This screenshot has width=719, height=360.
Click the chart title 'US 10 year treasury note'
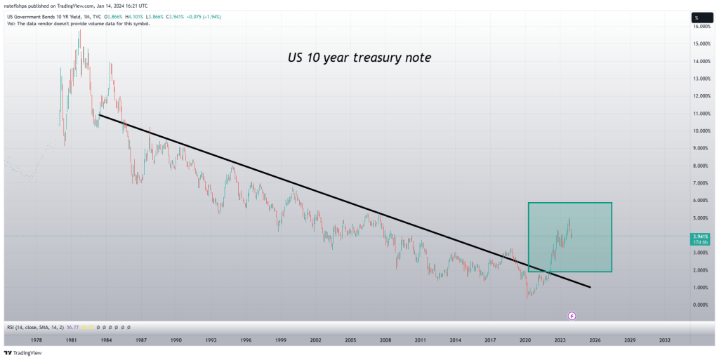click(x=359, y=58)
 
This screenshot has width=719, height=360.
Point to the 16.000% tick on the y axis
click(x=701, y=27)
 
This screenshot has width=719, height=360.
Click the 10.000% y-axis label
click(x=701, y=131)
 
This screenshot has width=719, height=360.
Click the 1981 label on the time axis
click(x=71, y=340)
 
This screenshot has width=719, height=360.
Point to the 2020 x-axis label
click(x=525, y=340)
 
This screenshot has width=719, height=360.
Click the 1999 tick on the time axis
click(x=280, y=340)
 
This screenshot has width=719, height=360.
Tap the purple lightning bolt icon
click(x=572, y=316)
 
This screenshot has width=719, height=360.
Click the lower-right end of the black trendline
click(x=590, y=287)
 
